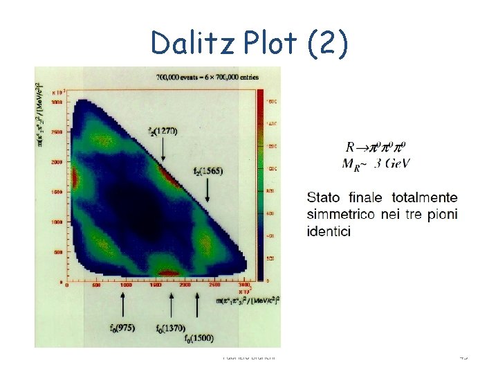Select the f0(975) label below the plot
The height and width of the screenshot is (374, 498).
tap(122, 327)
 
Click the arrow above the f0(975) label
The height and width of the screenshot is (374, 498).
tap(123, 305)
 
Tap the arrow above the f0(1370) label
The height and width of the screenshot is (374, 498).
tap(172, 305)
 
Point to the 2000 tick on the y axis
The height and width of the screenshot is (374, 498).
tap(57, 161)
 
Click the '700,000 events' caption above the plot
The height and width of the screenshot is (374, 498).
tap(207, 76)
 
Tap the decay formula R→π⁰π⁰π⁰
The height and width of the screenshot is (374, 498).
tap(376, 148)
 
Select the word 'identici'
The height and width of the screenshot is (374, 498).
tap(329, 231)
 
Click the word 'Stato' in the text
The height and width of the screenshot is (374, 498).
tap(324, 197)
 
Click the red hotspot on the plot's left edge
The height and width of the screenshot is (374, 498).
tap(75, 179)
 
